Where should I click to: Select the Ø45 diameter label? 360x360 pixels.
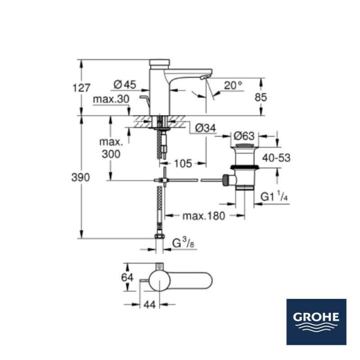[125, 84]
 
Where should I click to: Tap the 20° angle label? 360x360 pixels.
[233, 85]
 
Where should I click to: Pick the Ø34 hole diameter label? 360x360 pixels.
[206, 128]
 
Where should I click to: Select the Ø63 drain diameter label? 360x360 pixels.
[244, 136]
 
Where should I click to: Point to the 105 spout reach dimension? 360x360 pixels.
[182, 163]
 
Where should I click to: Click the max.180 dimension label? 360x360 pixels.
[203, 216]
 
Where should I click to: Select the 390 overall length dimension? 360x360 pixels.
[81, 177]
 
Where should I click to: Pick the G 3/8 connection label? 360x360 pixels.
[184, 244]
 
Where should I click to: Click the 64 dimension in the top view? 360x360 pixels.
[128, 277]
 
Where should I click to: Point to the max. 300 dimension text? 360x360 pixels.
[111, 148]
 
